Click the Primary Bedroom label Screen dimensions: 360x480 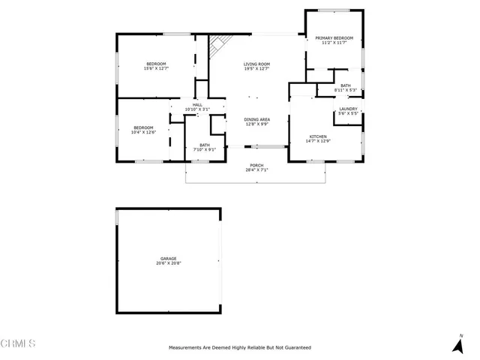[x=334, y=37]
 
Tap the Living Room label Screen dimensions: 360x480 [x=256, y=64]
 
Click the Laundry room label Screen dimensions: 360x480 [x=347, y=109]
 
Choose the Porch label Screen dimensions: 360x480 [x=256, y=165]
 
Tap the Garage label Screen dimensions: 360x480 [x=168, y=258]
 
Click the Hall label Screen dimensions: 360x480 [x=197, y=104]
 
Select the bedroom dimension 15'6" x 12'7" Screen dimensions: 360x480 [x=156, y=68]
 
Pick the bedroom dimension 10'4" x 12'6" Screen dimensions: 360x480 [x=143, y=133]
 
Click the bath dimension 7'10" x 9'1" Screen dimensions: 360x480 [x=205, y=150]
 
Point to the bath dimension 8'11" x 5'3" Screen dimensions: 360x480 [x=345, y=91]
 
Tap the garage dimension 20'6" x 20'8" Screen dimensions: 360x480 [x=168, y=263]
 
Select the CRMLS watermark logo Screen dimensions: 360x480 [x=18, y=343]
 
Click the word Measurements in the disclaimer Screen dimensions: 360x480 [x=185, y=348]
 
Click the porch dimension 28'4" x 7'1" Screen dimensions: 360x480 [x=256, y=170]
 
